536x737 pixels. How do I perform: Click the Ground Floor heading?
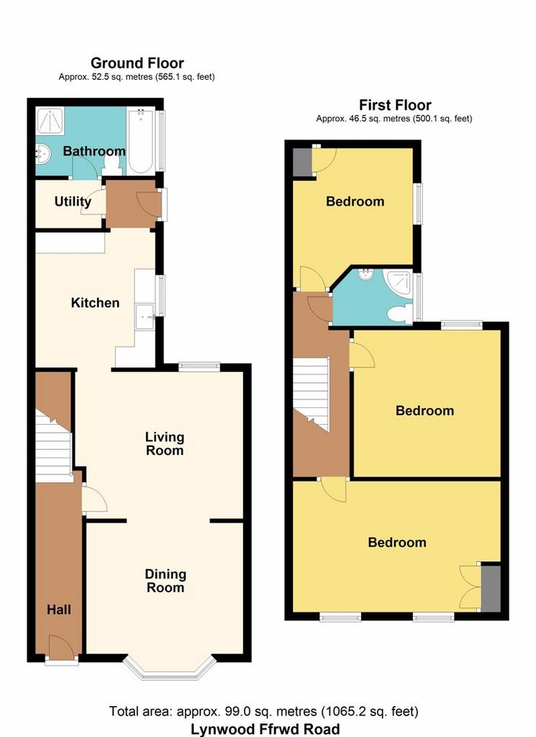(x=137, y=63)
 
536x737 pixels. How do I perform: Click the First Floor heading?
(x=395, y=105)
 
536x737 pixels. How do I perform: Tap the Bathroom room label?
(x=94, y=151)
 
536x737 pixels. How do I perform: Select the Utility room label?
(x=73, y=202)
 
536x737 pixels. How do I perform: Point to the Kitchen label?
(x=95, y=303)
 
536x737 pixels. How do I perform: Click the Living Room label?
(x=165, y=443)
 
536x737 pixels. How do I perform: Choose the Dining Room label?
(x=165, y=581)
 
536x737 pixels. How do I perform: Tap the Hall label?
(x=59, y=610)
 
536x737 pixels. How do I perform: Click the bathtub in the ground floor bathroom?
(x=140, y=140)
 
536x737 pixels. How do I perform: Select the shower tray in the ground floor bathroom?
(x=50, y=121)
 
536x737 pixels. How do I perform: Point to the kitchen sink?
(x=145, y=317)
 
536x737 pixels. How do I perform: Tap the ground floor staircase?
(x=53, y=446)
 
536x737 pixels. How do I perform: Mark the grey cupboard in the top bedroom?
(x=302, y=163)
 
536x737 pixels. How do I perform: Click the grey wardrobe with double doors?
(x=491, y=588)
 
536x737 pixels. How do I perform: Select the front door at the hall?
(x=61, y=648)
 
